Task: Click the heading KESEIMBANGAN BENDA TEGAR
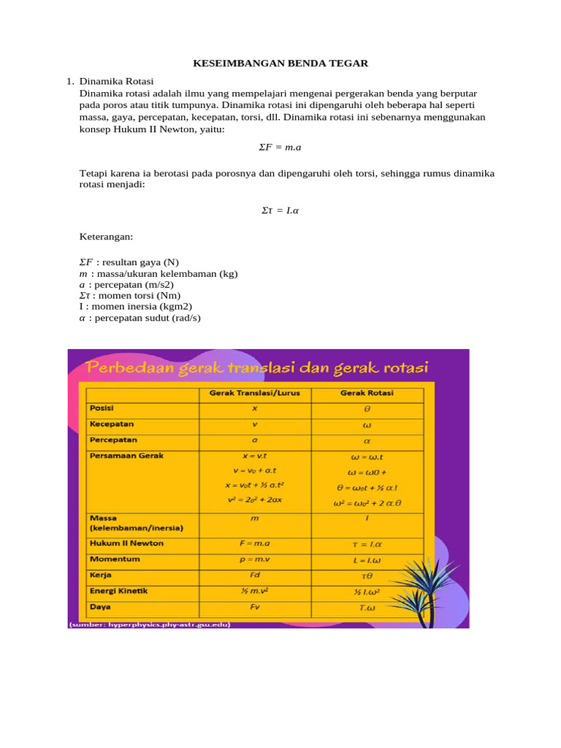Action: coord(280,64)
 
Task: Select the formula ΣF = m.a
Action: coord(280,147)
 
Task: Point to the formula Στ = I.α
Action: coord(280,210)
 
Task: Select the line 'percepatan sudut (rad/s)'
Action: coord(140,318)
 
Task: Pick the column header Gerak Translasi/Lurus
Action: coord(254,393)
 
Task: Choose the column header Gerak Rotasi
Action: coord(367,393)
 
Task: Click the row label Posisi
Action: coord(102,408)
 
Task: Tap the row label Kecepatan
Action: coord(112,424)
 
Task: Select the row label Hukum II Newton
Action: coord(126,543)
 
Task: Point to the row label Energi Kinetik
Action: coord(118,590)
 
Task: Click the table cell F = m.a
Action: coord(254,543)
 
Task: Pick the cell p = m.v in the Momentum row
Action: coord(254,559)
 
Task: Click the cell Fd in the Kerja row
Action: coord(254,575)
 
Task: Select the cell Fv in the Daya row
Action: coord(254,606)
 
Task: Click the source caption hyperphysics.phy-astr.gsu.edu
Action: coord(150,625)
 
